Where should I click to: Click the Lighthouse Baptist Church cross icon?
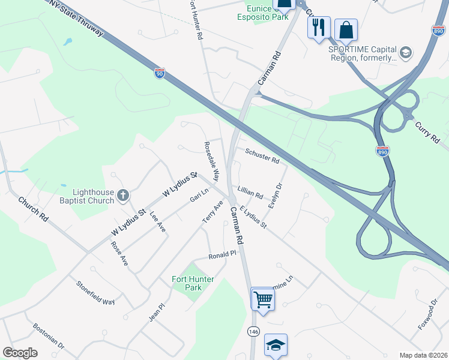pos(123,195)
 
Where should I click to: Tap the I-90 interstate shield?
pos(159,73)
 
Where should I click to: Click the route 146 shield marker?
pos(253,331)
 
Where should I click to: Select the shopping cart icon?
pos(262,298)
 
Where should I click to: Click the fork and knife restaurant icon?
pos(319,27)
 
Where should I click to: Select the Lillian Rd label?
pos(250,191)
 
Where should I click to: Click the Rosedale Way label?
pos(212,161)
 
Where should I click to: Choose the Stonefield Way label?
pos(95,292)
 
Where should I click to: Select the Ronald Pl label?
pos(222,255)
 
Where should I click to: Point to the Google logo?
pos(20,353)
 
